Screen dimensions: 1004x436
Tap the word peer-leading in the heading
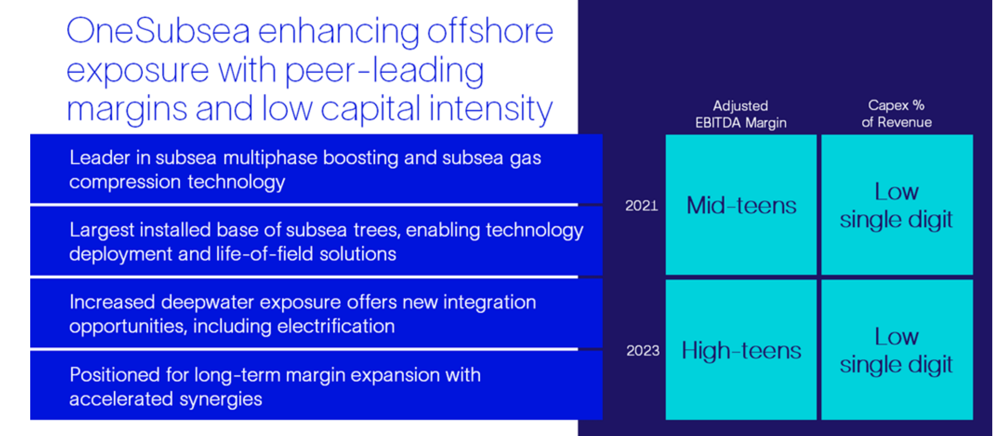(384, 70)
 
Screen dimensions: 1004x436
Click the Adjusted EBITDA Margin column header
(741, 114)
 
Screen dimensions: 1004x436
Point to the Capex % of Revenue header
(897, 114)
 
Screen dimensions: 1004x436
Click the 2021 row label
(641, 206)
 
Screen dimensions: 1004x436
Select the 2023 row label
(643, 351)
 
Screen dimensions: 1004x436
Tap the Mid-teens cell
(741, 205)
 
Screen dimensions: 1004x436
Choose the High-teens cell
(741, 350)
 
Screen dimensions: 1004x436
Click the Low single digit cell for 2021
(897, 205)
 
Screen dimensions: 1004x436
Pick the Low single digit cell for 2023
(897, 350)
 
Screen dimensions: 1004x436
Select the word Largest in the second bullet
(102, 231)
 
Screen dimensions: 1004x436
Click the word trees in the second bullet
(377, 231)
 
